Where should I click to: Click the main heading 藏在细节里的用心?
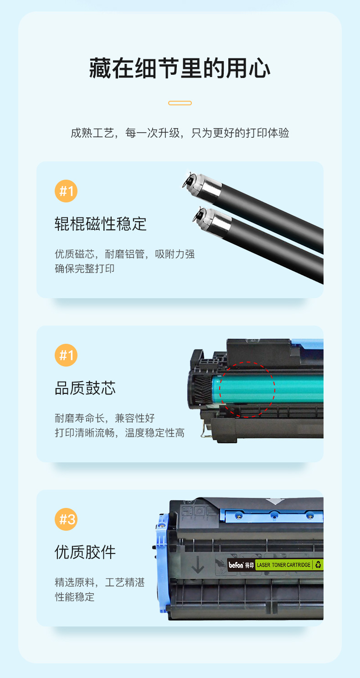click(x=180, y=68)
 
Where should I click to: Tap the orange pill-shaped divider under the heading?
click(x=180, y=103)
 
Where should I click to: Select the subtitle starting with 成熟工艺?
click(x=180, y=133)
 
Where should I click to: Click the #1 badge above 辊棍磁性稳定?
click(x=66, y=191)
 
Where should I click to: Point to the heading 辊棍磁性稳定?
click(x=100, y=224)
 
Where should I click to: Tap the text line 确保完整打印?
click(x=85, y=269)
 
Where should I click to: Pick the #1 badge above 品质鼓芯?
click(x=66, y=355)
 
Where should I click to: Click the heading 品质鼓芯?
click(x=85, y=388)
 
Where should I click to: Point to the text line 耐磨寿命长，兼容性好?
click(x=105, y=418)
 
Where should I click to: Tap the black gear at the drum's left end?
click(x=202, y=389)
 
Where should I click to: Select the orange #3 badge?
click(x=66, y=519)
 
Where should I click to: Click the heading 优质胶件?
click(x=85, y=552)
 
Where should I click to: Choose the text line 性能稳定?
click(x=75, y=597)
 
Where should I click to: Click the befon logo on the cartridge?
click(x=236, y=565)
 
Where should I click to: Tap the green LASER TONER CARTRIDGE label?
click(x=283, y=565)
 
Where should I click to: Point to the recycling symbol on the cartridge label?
click(x=318, y=564)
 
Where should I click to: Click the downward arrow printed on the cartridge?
click(x=198, y=564)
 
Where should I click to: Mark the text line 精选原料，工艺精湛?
click(x=100, y=582)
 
